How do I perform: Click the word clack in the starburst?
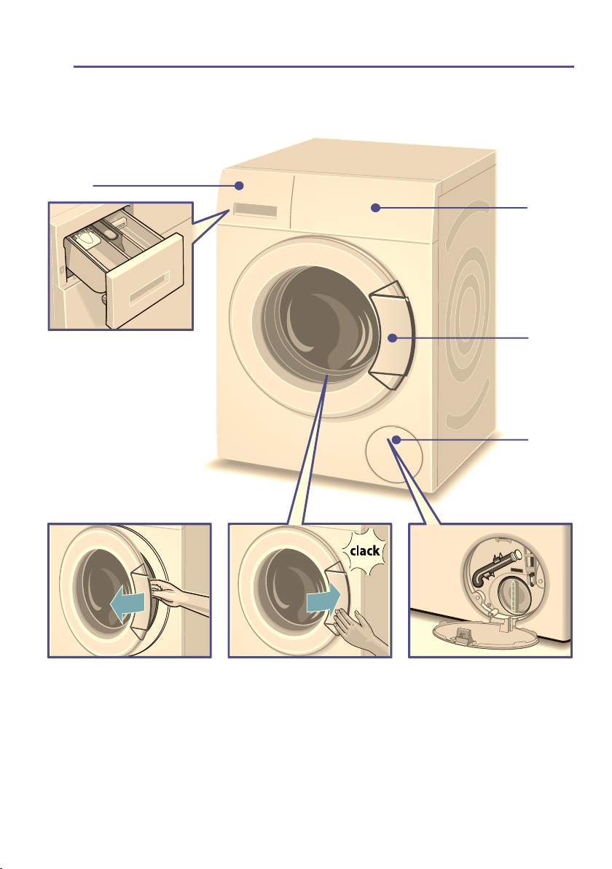click(x=365, y=551)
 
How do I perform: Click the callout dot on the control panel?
click(x=375, y=208)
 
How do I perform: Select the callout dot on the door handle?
click(x=392, y=338)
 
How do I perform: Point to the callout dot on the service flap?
click(x=396, y=440)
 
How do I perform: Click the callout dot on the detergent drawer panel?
click(x=239, y=185)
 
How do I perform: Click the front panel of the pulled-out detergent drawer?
click(x=145, y=281)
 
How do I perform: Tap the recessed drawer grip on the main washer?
click(x=255, y=211)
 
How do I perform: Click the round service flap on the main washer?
click(x=393, y=454)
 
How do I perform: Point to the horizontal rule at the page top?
click(x=324, y=67)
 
